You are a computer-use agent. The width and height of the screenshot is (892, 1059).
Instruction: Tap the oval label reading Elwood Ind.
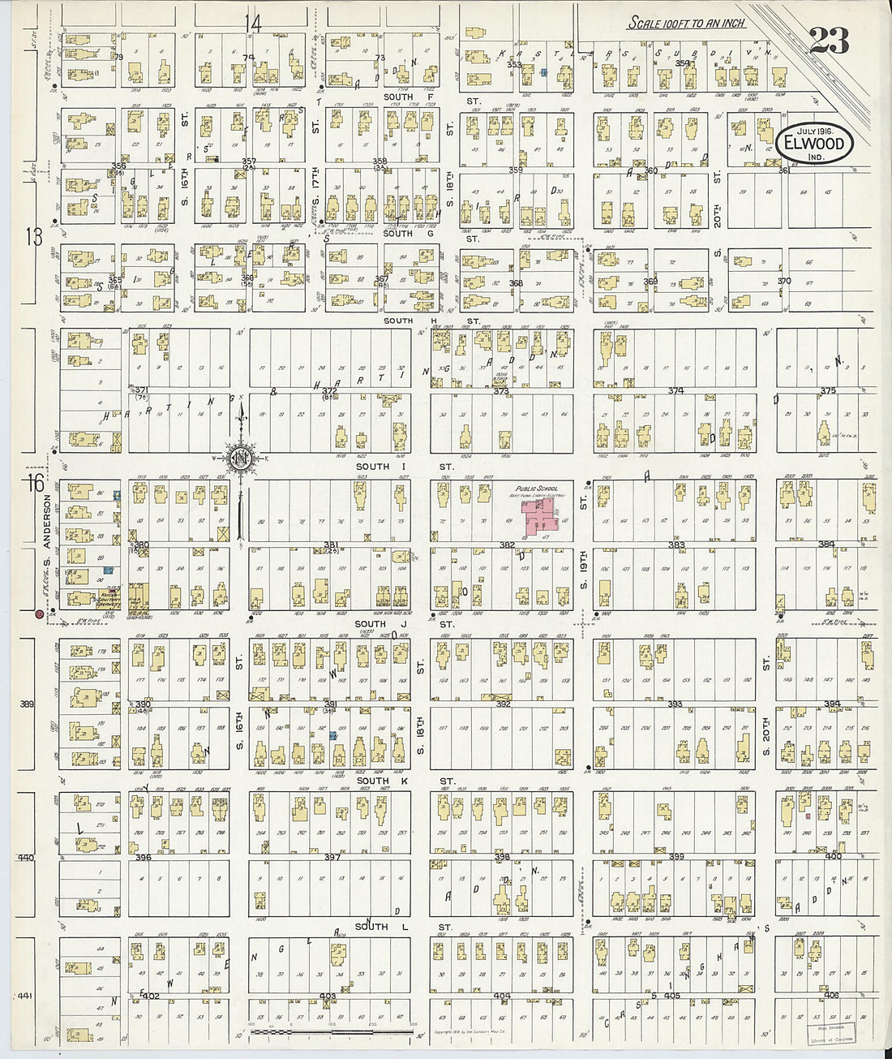tap(814, 144)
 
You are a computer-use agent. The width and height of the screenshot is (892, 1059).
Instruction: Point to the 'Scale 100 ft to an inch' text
tap(686, 24)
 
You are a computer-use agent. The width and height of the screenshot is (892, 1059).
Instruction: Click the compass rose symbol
tap(241, 460)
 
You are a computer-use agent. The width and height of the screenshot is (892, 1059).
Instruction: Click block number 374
tap(675, 390)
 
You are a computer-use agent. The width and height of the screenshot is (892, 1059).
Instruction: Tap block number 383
tap(675, 545)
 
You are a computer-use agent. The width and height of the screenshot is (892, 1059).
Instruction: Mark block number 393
tap(674, 704)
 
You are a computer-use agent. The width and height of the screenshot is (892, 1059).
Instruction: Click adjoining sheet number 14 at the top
tap(255, 24)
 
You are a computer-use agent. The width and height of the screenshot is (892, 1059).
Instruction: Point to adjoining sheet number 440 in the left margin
tap(26, 857)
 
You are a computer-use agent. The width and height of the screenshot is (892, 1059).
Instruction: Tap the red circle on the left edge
tap(39, 614)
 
